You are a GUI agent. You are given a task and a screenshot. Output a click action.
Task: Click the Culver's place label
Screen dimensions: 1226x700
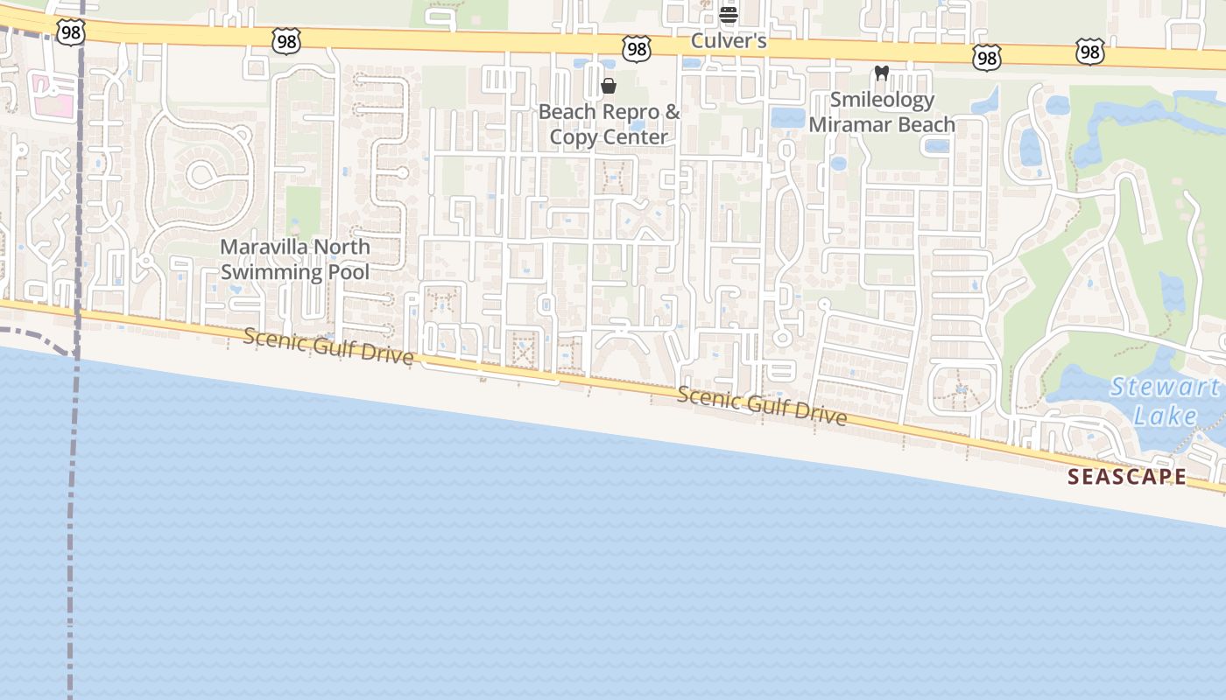click(729, 41)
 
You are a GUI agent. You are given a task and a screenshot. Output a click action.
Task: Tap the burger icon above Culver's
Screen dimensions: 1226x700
click(729, 14)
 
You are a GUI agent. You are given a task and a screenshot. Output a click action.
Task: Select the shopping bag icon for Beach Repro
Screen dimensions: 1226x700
click(609, 86)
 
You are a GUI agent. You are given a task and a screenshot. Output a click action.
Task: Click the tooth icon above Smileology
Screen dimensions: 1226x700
click(882, 73)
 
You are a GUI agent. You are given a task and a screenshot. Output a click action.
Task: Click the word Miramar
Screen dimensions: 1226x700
click(852, 124)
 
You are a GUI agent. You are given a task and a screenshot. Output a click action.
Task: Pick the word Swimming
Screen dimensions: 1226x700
click(271, 271)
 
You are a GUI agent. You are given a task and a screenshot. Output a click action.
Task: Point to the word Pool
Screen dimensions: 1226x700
click(348, 271)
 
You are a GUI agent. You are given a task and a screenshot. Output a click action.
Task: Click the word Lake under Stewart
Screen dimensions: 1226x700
click(1165, 416)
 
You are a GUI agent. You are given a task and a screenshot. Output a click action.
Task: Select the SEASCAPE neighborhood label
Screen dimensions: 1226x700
click(1127, 477)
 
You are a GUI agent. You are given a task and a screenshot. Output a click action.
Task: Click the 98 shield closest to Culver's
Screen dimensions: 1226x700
click(637, 49)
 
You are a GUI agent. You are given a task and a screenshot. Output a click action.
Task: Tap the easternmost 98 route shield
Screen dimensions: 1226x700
click(1089, 53)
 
